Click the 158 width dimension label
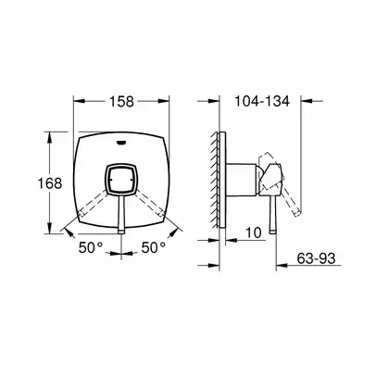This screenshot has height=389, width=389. pos(121,101)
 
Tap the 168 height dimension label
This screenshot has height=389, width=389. pos(50,183)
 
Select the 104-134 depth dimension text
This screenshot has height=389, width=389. pos(262,101)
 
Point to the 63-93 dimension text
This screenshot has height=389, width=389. pos(316,258)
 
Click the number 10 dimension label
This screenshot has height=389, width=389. pos(254,232)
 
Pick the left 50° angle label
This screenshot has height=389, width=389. pos(90,247)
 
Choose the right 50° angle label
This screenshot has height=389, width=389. pos(154,247)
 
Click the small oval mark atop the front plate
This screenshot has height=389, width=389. pos(121,143)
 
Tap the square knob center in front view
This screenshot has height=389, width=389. pos(121,180)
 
